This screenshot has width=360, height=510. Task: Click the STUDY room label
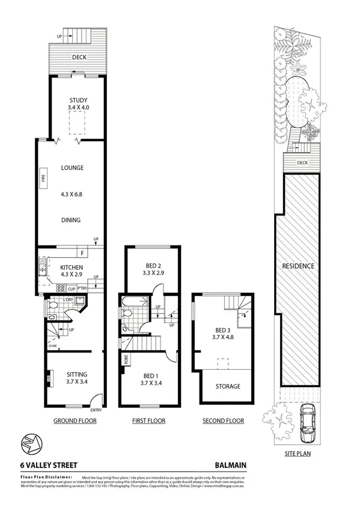pos(79,100)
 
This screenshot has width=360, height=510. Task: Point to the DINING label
pos(71,220)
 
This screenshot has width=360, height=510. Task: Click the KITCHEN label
pos(72,267)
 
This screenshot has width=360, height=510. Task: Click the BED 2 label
pos(153,265)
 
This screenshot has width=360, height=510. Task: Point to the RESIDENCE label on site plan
pos(299,265)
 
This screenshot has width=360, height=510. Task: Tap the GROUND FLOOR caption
pos(75,421)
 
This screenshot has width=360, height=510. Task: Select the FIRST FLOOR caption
pos(148,421)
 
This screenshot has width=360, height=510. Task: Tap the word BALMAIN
pos(231,465)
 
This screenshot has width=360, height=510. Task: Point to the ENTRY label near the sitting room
pos(96,412)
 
